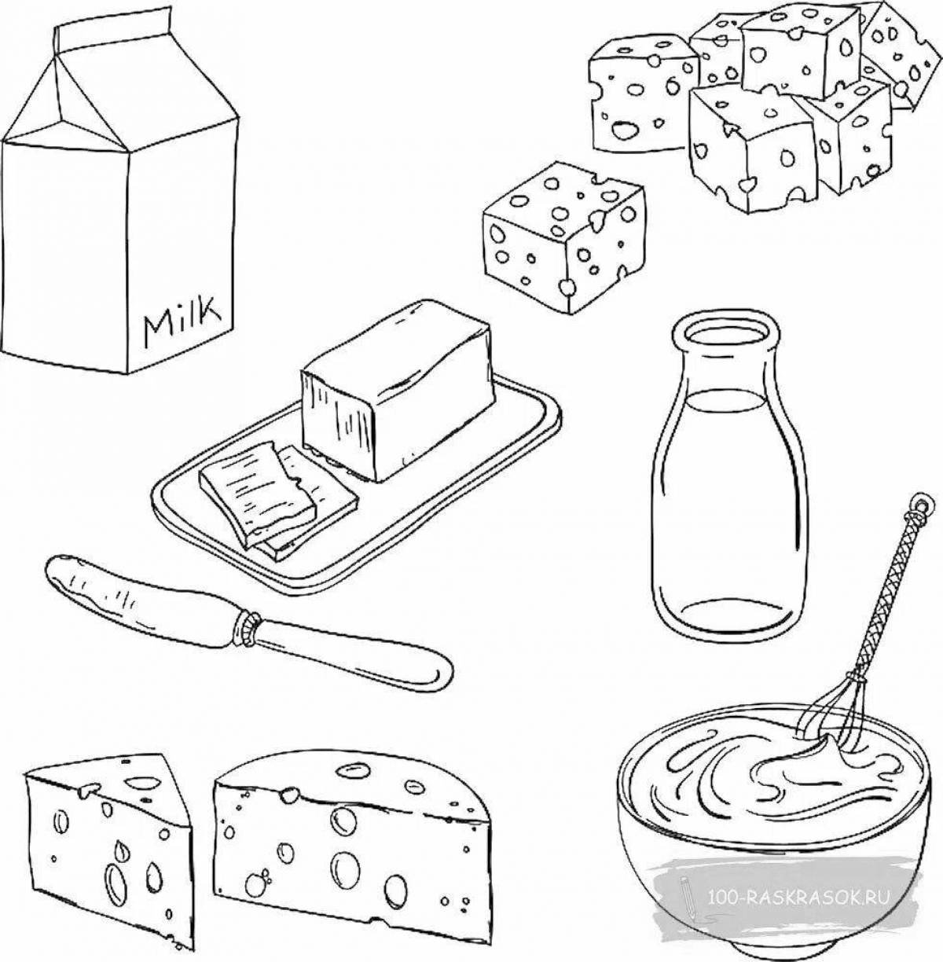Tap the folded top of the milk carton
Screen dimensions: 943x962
[x=119, y=86]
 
